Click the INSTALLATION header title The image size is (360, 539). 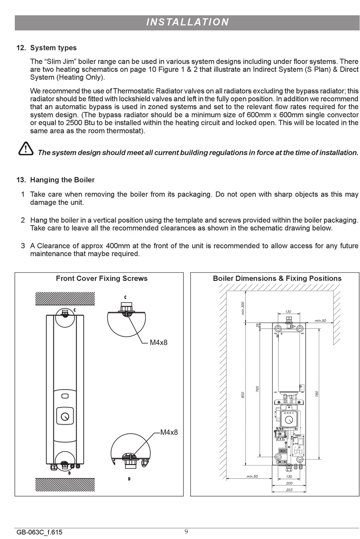tap(188, 22)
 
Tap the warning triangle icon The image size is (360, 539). tap(25, 149)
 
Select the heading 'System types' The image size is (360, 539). tap(53, 48)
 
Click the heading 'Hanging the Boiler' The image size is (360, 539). tap(62, 180)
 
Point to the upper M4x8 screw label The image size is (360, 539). tap(158, 343)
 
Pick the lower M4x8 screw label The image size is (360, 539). tap(169, 432)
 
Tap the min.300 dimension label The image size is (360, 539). tap(243, 308)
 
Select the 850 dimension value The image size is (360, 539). tap(243, 395)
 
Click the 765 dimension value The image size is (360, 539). tap(257, 389)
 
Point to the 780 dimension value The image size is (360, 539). tap(317, 394)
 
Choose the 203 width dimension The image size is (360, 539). tap(289, 490)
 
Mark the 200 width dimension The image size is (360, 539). tap(289, 483)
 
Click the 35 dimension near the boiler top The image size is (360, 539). tap(258, 325)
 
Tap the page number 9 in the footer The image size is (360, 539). tap(186, 532)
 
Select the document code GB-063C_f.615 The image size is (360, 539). tap(39, 532)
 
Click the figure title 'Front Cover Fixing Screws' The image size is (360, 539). tap(102, 278)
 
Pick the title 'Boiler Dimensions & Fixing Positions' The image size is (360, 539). tap(277, 278)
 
